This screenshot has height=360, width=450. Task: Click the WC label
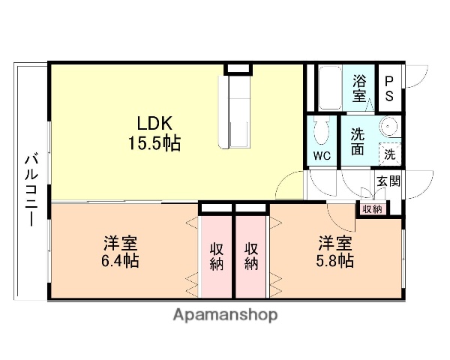[322, 156]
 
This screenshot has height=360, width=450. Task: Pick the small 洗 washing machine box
[389, 154]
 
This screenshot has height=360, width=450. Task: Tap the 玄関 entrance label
[388, 181]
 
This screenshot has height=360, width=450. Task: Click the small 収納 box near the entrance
[371, 208]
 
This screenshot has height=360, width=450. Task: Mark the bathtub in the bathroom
[328, 88]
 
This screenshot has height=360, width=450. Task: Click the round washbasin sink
[388, 126]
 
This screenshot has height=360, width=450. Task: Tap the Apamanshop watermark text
[226, 315]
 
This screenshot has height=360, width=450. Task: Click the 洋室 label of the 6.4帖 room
[120, 244]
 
